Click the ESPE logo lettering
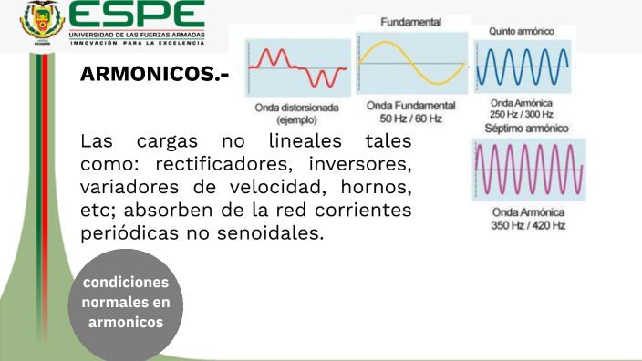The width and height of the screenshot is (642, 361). pyautogui.click(x=137, y=15)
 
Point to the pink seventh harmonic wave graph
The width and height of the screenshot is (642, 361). pyautogui.click(x=528, y=170)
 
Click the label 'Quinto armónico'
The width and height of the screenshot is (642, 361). pyautogui.click(x=522, y=31)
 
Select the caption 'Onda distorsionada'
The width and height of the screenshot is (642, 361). pyautogui.click(x=297, y=108)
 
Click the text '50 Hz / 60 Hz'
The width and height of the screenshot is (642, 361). pyautogui.click(x=410, y=119)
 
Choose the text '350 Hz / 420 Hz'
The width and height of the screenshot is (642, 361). pyautogui.click(x=528, y=225)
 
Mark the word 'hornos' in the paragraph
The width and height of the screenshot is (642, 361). pyautogui.click(x=375, y=188)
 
